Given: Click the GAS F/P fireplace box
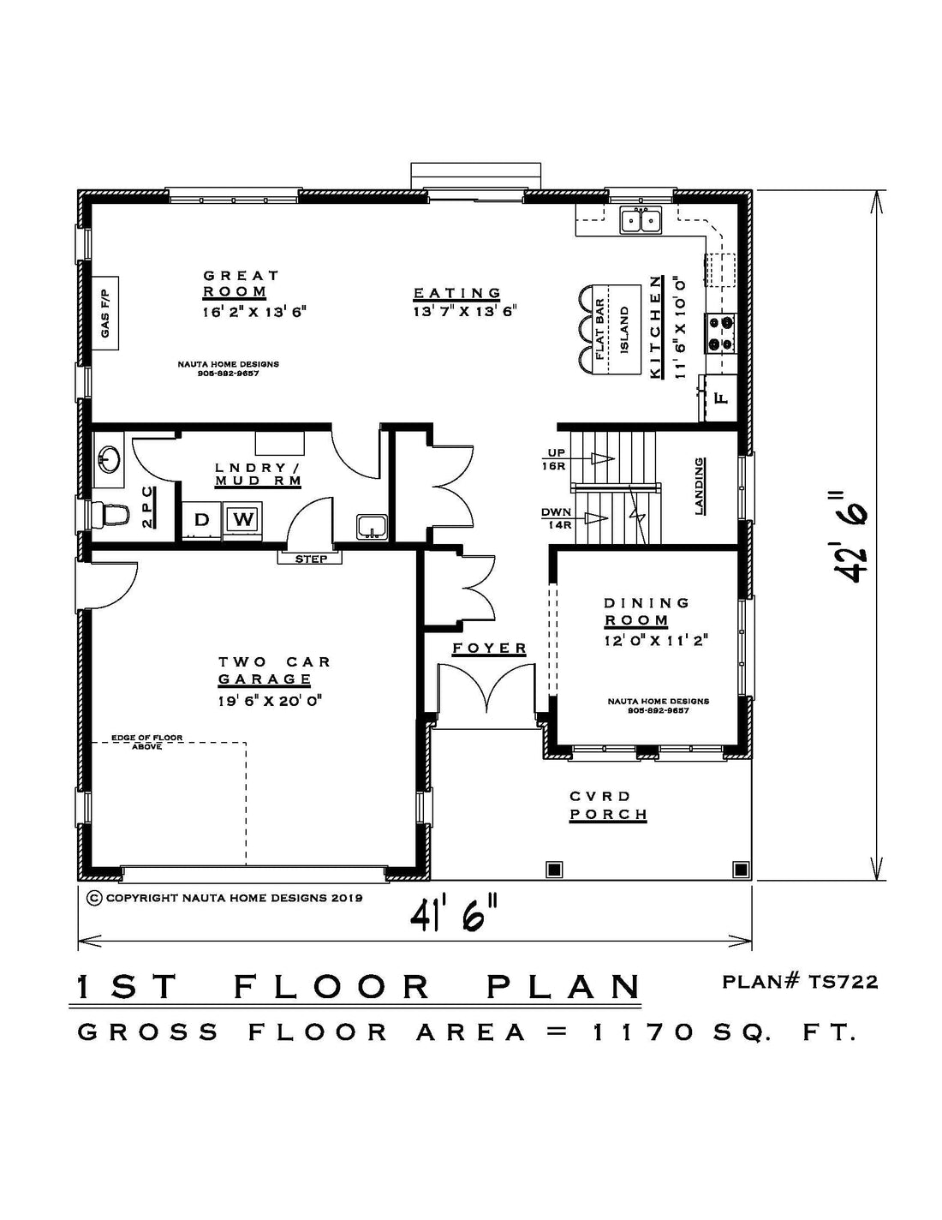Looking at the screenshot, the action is tap(105, 313).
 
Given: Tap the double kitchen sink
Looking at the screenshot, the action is tap(641, 219).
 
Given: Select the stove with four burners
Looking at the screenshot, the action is tap(721, 332).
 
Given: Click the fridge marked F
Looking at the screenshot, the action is tap(720, 398).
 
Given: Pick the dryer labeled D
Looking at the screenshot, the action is tap(201, 519).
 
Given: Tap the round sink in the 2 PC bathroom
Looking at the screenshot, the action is tap(108, 459).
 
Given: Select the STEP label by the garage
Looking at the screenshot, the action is tap(311, 559).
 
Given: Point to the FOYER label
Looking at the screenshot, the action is tap(490, 649).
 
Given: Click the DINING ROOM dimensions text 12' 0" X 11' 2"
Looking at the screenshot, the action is tap(656, 640).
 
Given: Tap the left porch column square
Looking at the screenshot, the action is tap(554, 869).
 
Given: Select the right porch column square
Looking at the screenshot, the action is tap(741, 869).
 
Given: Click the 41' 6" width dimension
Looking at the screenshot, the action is tap(454, 917).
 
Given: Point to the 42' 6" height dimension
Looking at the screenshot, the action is tap(849, 536).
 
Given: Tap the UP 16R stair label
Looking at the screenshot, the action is tap(553, 460).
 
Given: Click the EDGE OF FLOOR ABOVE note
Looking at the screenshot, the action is tap(146, 742).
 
